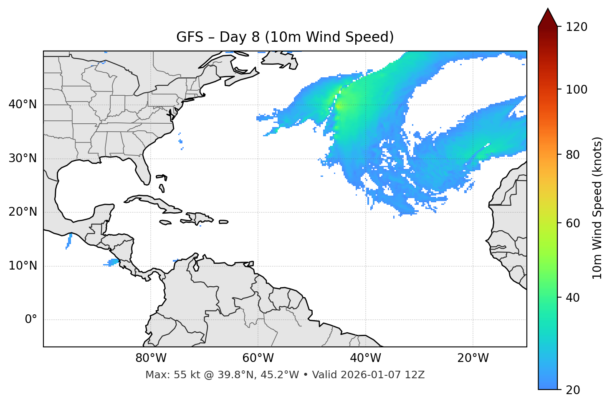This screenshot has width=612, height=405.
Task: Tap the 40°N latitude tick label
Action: point(23,104)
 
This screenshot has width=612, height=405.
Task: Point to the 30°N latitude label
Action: point(23,158)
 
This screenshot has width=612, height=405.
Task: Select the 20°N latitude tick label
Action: point(23,212)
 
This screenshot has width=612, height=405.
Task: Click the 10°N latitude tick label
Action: point(23,266)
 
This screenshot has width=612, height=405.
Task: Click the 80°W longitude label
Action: point(151,358)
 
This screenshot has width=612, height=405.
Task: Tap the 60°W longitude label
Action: point(258,358)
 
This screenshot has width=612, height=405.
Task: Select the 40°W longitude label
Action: point(365,358)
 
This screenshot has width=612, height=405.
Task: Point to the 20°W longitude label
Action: point(473,358)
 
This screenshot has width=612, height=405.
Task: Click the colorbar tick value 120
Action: point(577,27)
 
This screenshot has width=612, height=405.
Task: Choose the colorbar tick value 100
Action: point(577,89)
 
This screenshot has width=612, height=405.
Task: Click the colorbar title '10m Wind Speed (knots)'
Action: point(597,208)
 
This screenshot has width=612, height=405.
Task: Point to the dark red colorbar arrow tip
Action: point(548,10)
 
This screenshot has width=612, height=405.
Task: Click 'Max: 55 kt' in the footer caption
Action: point(165,375)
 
